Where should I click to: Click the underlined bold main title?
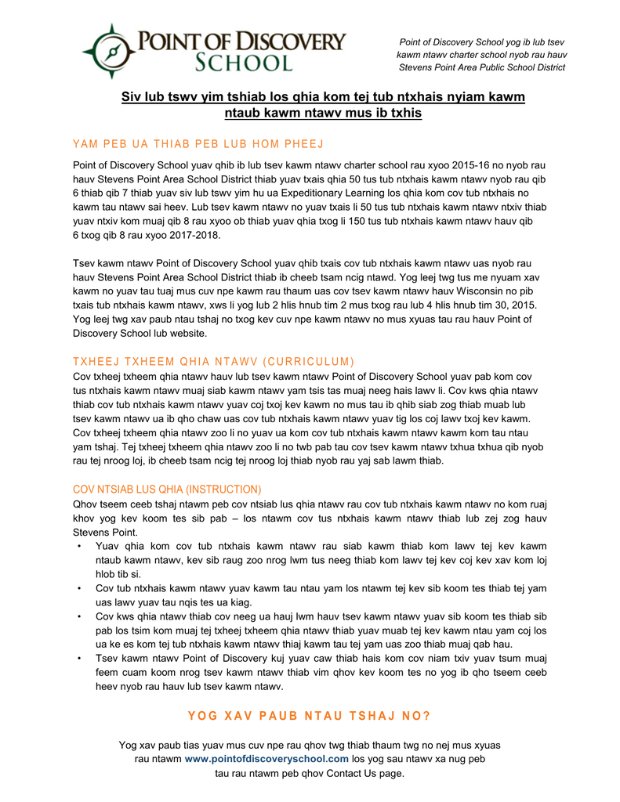pos(322,105)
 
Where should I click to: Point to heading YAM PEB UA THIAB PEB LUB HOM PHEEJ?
pos(198,144)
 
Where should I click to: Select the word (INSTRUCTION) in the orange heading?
pos(223,489)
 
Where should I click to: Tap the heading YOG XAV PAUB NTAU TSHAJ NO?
pos(310,716)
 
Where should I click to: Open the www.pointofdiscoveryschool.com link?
pos(266,759)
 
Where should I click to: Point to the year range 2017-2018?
pos(187,235)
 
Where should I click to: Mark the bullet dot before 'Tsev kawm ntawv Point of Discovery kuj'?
pos(79,659)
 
